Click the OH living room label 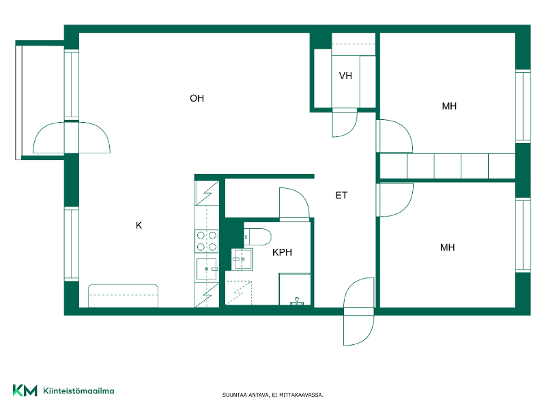197,98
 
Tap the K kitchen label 139,226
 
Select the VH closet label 345,76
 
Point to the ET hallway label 341,196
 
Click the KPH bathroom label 282,252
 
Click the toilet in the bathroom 258,237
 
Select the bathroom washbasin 242,259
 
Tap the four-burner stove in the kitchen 207,241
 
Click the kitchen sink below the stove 207,269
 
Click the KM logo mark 25,390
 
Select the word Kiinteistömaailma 78,391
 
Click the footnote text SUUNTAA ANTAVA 246,395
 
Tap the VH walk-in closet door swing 345,123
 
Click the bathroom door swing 295,204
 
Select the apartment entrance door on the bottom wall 359,312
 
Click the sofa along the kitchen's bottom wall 123,296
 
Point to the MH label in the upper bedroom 449,106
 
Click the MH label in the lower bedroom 448,247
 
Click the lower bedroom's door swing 395,200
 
